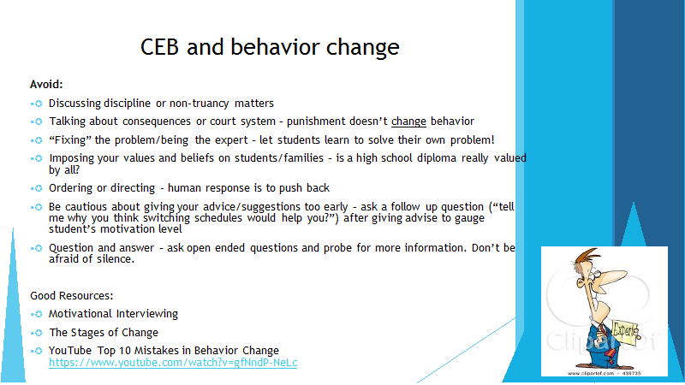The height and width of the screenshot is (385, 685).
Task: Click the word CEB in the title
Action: [159, 47]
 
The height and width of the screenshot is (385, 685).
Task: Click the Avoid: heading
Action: [46, 84]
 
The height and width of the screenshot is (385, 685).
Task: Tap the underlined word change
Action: [408, 121]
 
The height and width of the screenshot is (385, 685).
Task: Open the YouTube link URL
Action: [173, 362]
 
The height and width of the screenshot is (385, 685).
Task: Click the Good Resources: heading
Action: [72, 295]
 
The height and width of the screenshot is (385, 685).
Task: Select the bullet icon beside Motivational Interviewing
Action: [37, 314]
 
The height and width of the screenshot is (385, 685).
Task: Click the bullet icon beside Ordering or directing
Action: [37, 188]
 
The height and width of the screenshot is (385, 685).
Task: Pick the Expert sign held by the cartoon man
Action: [625, 330]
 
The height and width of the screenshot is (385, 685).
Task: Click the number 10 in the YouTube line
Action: [124, 351]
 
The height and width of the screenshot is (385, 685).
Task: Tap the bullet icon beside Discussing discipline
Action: [37, 104]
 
